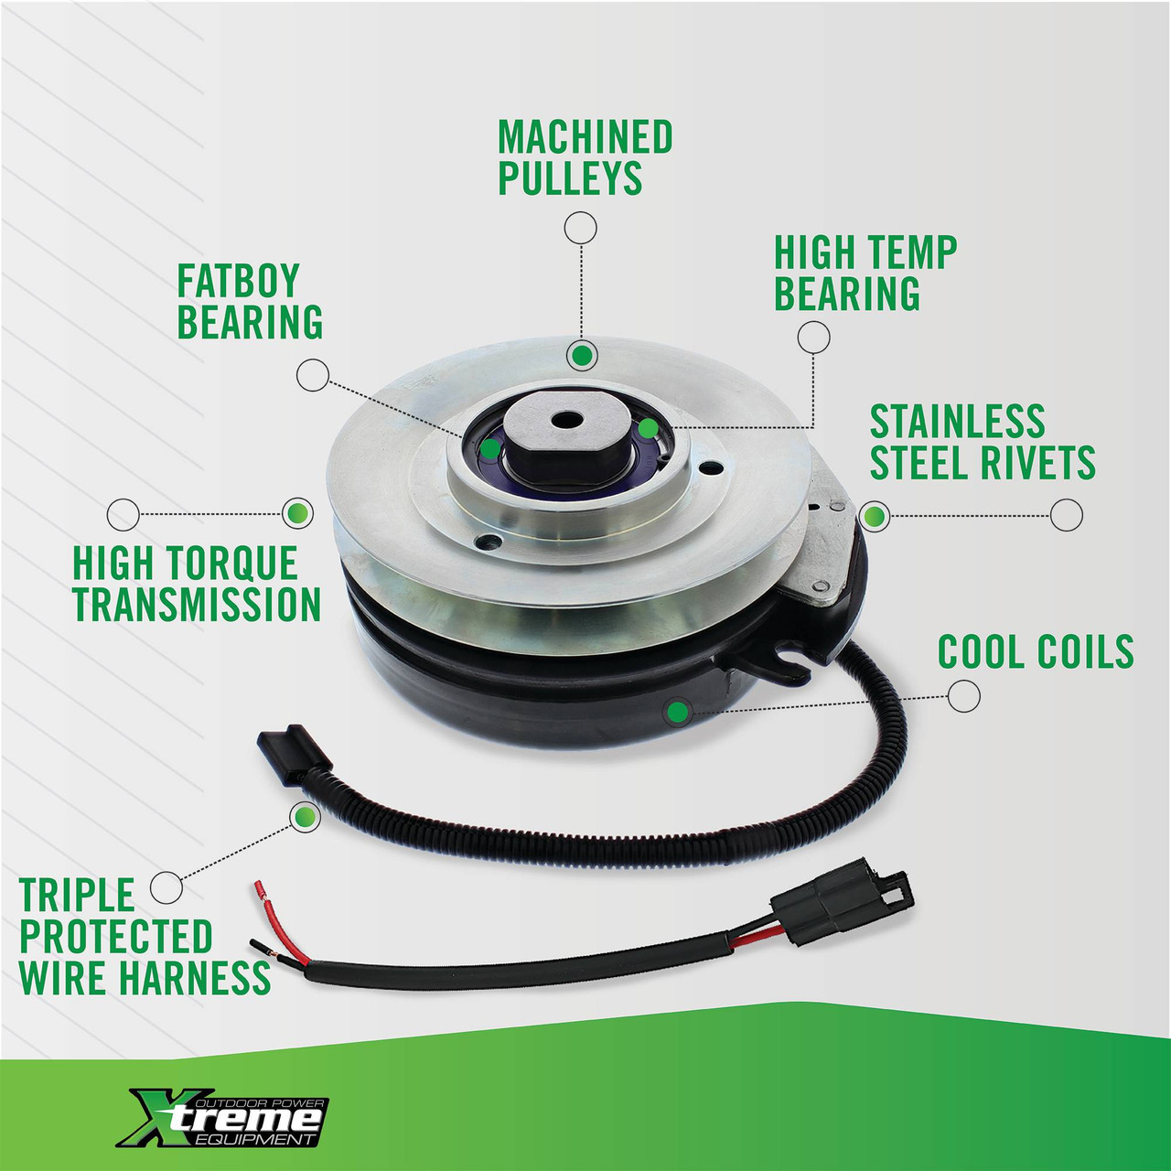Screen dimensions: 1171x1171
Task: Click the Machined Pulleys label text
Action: (x=585, y=157)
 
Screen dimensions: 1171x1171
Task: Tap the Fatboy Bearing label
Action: (x=249, y=302)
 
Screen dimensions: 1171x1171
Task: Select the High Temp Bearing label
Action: (x=865, y=274)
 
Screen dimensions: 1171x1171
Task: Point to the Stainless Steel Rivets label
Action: (x=982, y=443)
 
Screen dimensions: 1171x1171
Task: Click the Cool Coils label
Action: (x=1035, y=652)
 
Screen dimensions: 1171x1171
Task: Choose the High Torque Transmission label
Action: (x=197, y=584)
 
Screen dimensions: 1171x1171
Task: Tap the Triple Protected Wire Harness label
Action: (x=144, y=937)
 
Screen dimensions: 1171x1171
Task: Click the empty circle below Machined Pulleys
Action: (x=581, y=228)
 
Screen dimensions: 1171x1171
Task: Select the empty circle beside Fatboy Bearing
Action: (x=313, y=375)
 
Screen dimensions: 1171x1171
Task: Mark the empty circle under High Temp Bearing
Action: (x=813, y=337)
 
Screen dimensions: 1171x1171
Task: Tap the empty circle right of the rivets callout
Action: (x=1067, y=515)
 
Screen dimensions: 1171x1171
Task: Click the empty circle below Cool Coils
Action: (x=963, y=696)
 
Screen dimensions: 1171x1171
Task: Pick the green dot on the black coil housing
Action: (x=678, y=711)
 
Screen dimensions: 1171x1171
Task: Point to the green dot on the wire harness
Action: (x=305, y=817)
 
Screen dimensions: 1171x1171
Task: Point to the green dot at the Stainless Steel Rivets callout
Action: (x=875, y=516)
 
